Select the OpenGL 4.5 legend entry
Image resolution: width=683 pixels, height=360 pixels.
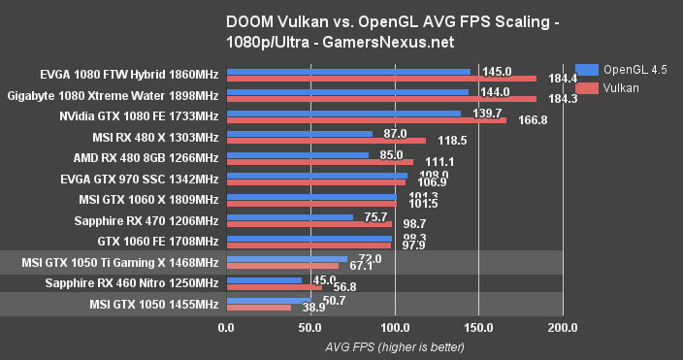[621, 70]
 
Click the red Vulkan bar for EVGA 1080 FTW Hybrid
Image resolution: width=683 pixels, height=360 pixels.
[380, 78]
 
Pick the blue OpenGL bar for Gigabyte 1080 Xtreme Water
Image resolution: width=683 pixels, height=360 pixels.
[346, 92]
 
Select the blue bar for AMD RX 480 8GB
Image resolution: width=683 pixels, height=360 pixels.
[297, 153]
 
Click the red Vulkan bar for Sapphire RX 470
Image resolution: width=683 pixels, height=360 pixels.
[309, 224]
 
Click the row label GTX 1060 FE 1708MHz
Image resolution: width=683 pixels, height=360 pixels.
[158, 241]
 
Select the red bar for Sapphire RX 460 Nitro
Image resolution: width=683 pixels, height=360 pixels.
[274, 287]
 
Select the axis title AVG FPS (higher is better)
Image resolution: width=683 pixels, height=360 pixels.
[394, 346]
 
